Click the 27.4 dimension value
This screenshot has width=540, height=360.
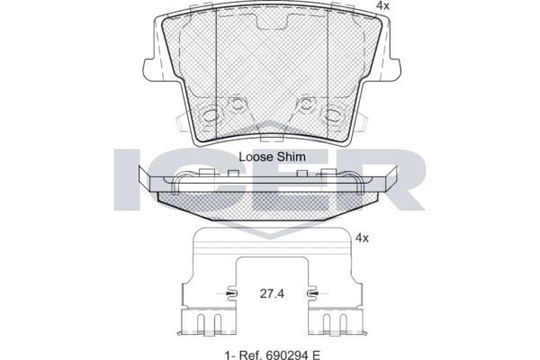point(272,294)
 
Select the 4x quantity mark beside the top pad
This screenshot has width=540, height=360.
point(382,5)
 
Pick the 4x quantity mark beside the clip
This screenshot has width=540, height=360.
point(362,238)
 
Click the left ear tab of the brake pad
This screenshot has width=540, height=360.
point(152,69)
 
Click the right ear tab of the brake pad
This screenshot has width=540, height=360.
point(391,69)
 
